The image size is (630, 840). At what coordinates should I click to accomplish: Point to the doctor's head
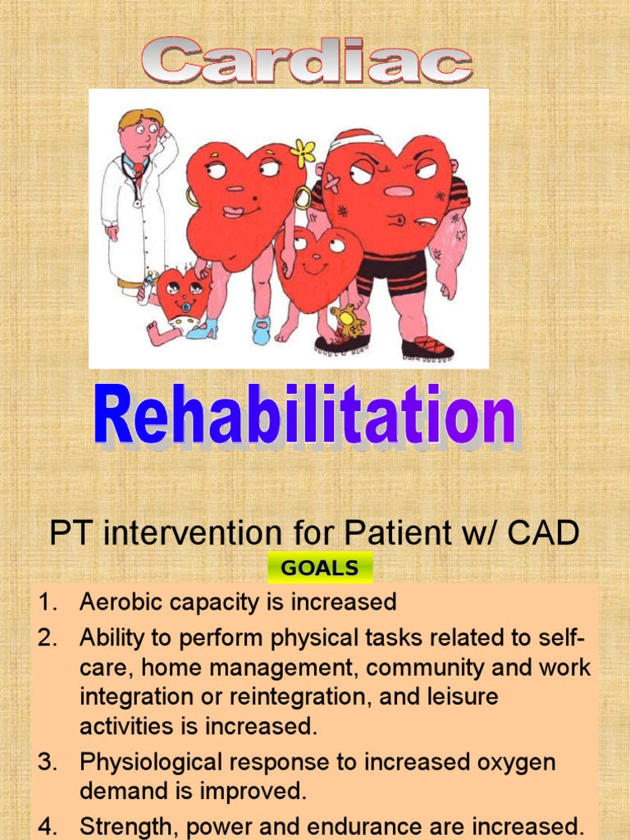pyautogui.click(x=140, y=132)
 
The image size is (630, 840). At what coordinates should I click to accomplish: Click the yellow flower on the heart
pyautogui.click(x=304, y=153)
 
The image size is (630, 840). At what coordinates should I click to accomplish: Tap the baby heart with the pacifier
pyautogui.click(x=182, y=294)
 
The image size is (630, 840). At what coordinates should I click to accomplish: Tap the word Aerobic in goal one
pyautogui.click(x=120, y=602)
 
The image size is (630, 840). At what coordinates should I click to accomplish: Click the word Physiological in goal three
pyautogui.click(x=153, y=762)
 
